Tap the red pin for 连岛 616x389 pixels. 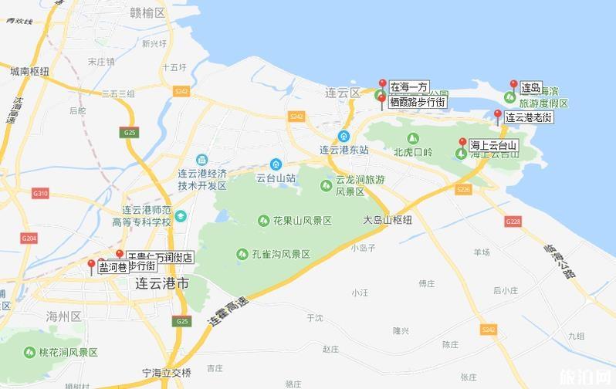tap(513, 86)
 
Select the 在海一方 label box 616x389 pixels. tap(408, 87)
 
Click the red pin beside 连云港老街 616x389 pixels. tap(498, 116)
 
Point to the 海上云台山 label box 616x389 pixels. tap(492, 145)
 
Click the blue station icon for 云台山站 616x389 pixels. tap(276, 164)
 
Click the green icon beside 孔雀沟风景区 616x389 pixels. tap(240, 254)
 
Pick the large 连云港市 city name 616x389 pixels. tap(161, 283)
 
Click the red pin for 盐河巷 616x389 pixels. tap(91, 266)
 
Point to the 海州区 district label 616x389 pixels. tap(63, 316)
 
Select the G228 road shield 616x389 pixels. tap(513, 222)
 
